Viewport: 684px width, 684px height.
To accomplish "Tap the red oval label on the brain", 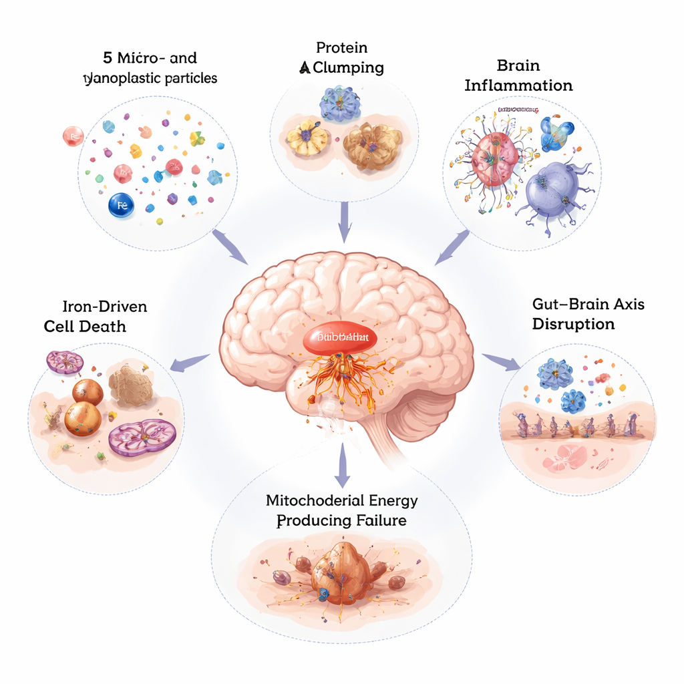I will [x=339, y=337].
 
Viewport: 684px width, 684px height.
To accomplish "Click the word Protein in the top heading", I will [x=343, y=47].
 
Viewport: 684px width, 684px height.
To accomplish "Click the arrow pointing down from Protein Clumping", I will [x=344, y=222].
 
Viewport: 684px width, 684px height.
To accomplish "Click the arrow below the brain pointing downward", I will [x=342, y=464].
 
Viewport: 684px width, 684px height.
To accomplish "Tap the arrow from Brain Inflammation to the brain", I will [x=452, y=246].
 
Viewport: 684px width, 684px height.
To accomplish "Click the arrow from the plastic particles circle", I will [x=230, y=246].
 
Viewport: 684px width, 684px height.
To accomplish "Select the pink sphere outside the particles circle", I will [x=73, y=136].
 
